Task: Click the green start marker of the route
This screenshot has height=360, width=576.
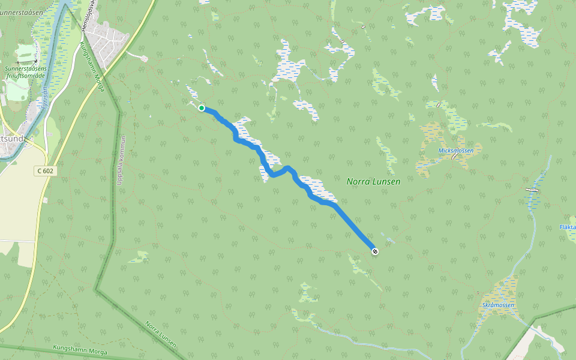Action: click(x=202, y=108)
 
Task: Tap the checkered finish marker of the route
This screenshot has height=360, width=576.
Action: click(x=375, y=251)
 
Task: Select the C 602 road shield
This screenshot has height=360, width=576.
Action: click(x=45, y=171)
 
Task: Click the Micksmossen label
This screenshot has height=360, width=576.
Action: click(x=456, y=151)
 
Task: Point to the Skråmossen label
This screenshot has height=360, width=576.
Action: click(x=498, y=305)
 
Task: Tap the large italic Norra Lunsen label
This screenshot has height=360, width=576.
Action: click(x=373, y=181)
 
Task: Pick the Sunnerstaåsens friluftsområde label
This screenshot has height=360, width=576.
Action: click(x=27, y=73)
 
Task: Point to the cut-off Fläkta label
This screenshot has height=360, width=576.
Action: click(x=567, y=227)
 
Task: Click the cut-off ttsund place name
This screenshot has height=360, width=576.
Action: click(x=13, y=139)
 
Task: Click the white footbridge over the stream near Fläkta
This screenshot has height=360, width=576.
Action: click(x=532, y=190)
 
